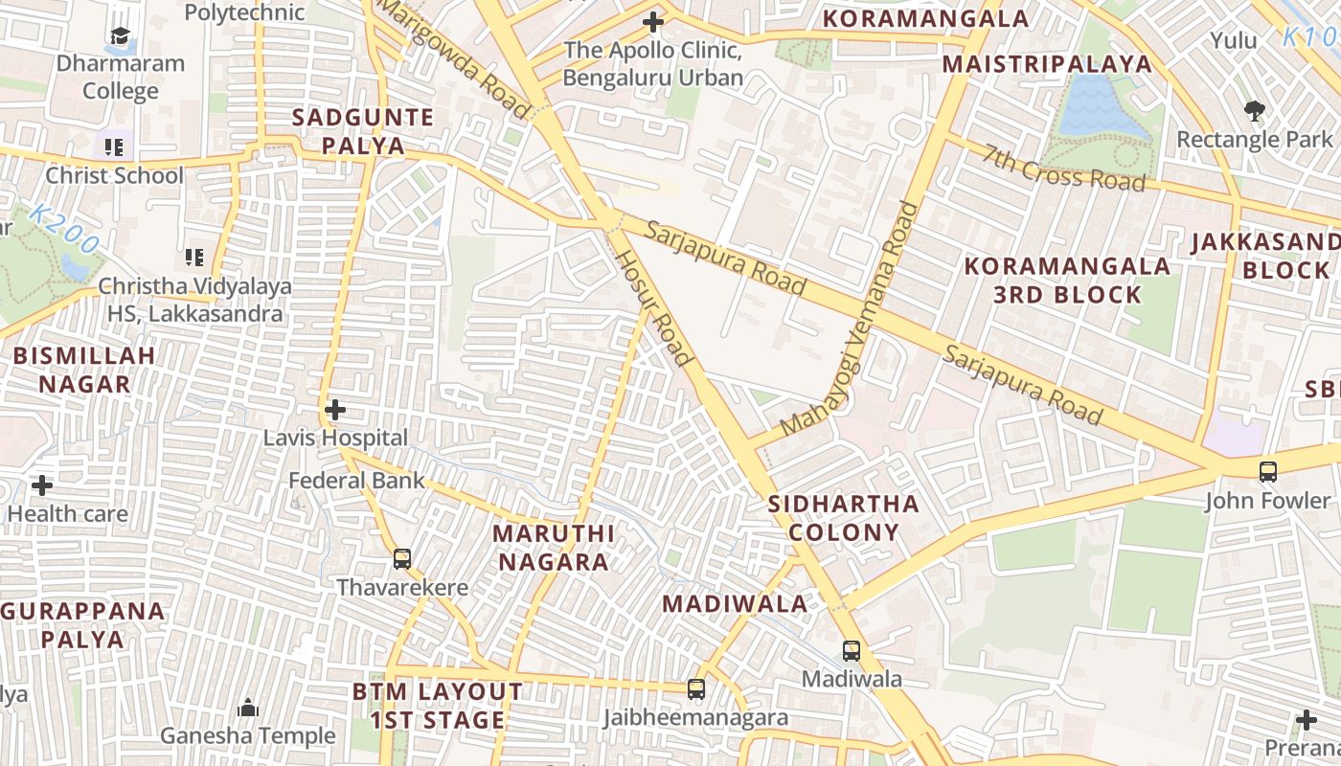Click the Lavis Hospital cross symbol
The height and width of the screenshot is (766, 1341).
pos(334,411)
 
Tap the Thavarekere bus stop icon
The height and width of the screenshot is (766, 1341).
pos(402,559)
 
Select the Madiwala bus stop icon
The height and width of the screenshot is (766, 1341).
pos(851,651)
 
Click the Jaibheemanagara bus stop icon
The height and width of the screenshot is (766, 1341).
pos(696,689)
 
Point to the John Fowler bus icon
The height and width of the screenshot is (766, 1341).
pos(1268,472)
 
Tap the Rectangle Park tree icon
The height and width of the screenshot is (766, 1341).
pos(1255,111)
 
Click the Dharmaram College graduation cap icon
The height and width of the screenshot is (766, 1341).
pos(120,37)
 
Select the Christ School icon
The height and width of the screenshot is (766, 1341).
pos(114,147)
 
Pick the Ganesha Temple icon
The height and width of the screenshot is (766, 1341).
pos(248,709)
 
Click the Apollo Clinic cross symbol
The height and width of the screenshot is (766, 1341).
pos(653,22)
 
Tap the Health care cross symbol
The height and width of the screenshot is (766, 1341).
pos(42,485)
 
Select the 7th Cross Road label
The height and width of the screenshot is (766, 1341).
pos(1063,168)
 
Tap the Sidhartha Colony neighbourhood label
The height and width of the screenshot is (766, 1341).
pos(843,518)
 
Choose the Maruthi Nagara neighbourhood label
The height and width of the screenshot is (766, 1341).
pos(554,547)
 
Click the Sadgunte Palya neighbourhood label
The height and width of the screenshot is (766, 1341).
pos(363,131)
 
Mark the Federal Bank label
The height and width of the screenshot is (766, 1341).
pos(356,480)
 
